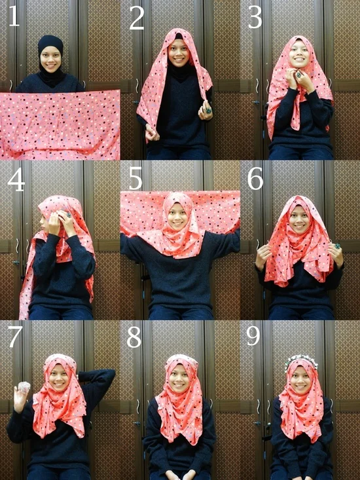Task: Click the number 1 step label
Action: pyautogui.click(x=14, y=16)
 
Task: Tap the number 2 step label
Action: pyautogui.click(x=137, y=18)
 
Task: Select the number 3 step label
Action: pyautogui.click(x=255, y=18)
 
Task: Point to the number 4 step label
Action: pyautogui.click(x=16, y=181)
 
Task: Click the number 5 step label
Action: pyautogui.click(x=135, y=179)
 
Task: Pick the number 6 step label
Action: pyautogui.click(x=255, y=179)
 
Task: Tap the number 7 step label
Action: pyautogui.click(x=14, y=337)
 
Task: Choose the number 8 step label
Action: pyautogui.click(x=134, y=337)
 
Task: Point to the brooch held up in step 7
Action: pyautogui.click(x=24, y=387)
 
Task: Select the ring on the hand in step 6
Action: pyautogui.click(x=338, y=246)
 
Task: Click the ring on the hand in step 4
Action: pyautogui.click(x=68, y=215)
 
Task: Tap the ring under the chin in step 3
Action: pyautogui.click(x=298, y=75)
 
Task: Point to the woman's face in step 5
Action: pyautogui.click(x=177, y=217)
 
